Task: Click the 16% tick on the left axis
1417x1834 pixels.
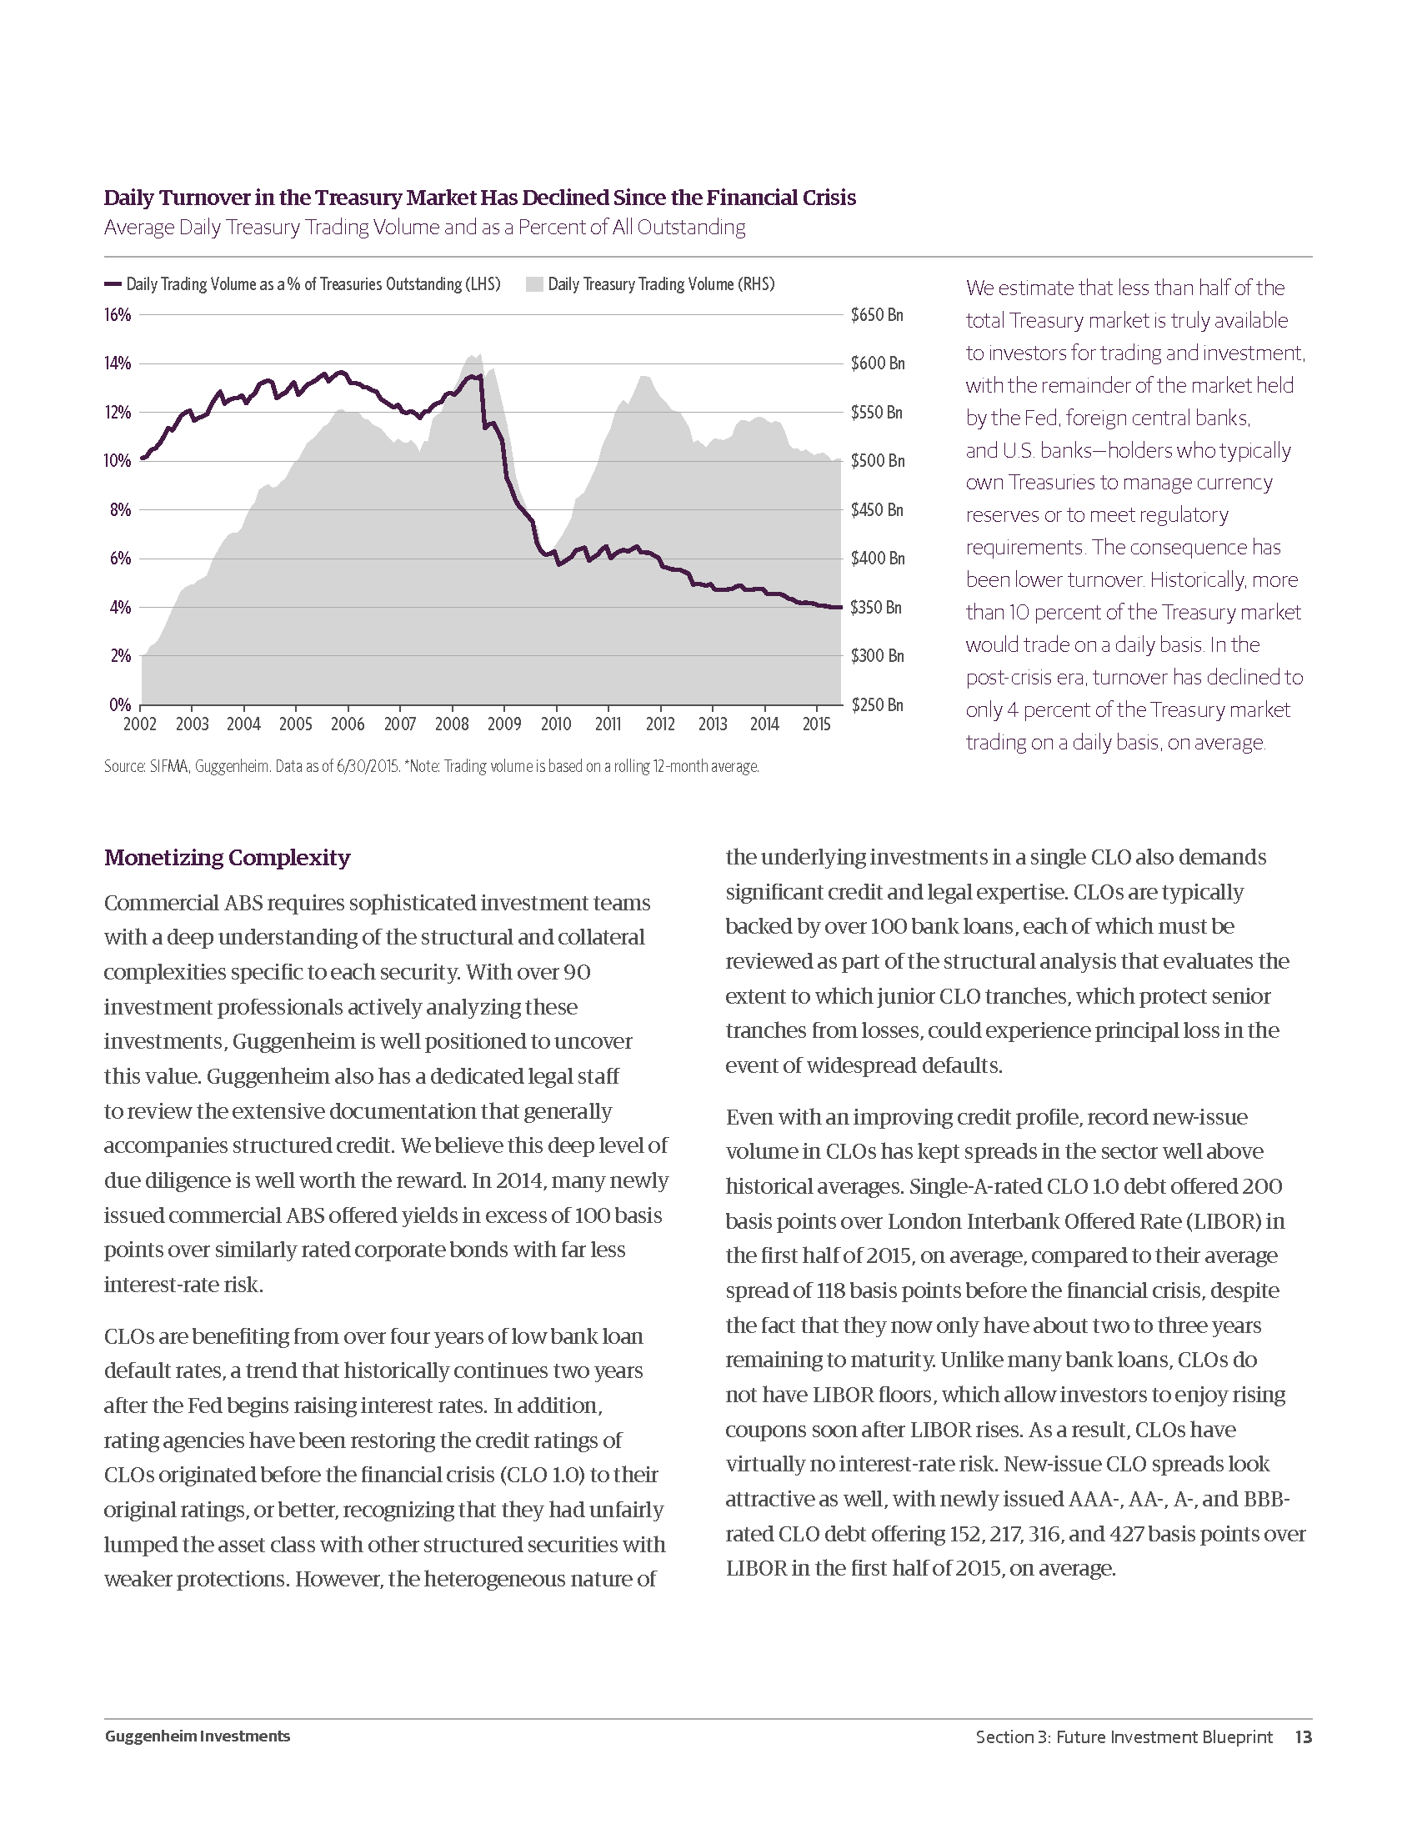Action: tap(118, 315)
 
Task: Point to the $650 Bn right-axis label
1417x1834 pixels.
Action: tap(876, 315)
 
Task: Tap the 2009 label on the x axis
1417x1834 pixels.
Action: tap(503, 724)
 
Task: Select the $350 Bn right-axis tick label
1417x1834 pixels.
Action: tap(875, 607)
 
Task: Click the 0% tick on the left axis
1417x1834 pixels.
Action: tap(120, 704)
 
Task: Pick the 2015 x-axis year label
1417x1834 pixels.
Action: tap(816, 724)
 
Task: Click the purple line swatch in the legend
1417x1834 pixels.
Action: tap(113, 284)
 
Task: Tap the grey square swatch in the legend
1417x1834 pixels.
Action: tap(534, 284)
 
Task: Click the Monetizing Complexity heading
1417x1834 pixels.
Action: tap(227, 857)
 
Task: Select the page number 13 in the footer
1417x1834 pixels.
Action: tap(1303, 1736)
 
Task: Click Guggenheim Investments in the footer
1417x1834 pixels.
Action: tap(198, 1736)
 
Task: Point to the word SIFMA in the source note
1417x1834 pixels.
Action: tap(168, 767)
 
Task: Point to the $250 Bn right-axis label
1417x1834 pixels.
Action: tap(877, 704)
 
